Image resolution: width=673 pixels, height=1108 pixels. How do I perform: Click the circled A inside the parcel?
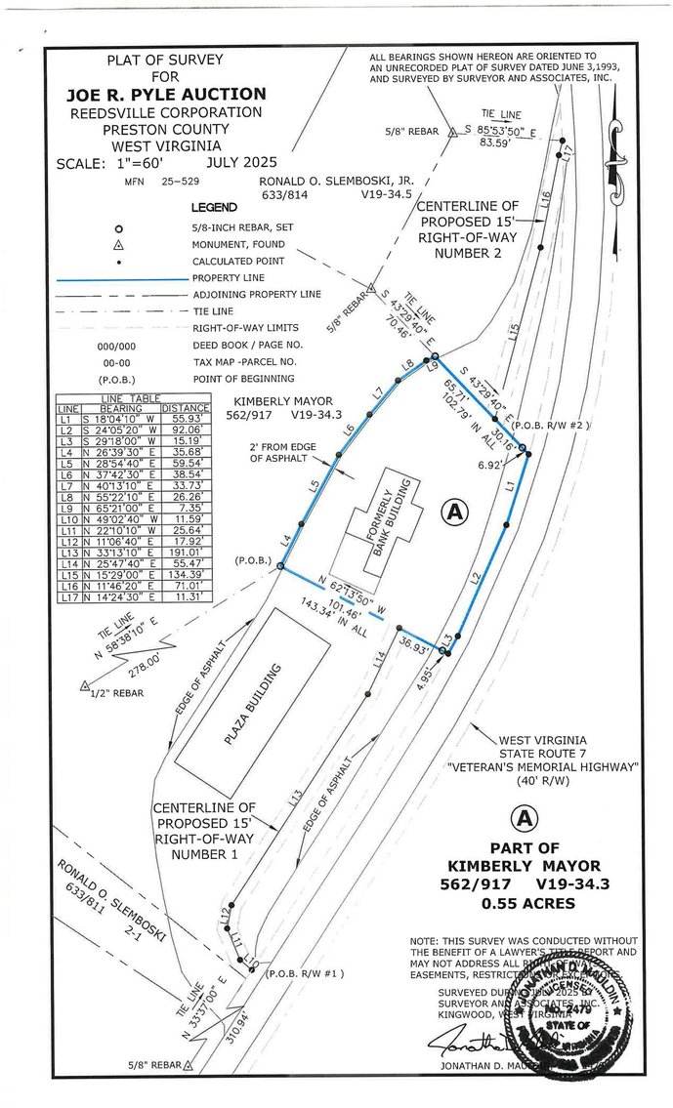452,511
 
